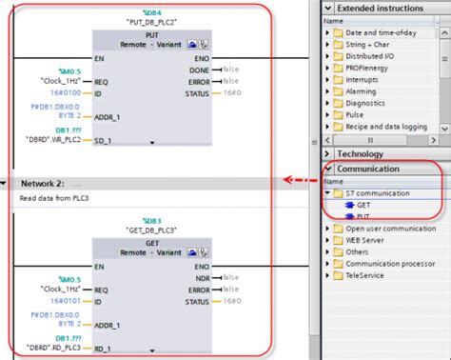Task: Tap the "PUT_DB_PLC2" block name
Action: [152, 19]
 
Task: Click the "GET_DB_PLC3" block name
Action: [152, 229]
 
